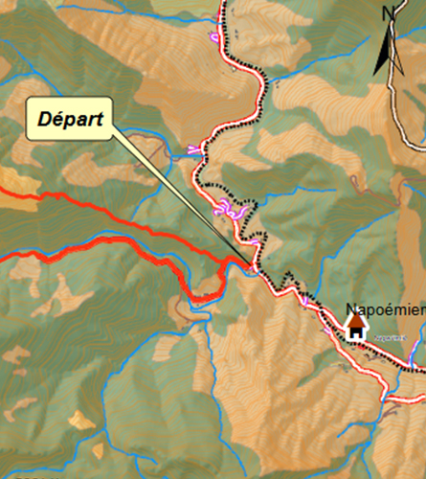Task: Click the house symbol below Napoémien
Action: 356,329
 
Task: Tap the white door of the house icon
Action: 356,334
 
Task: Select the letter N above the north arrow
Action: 389,12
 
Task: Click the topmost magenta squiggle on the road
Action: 215,36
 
